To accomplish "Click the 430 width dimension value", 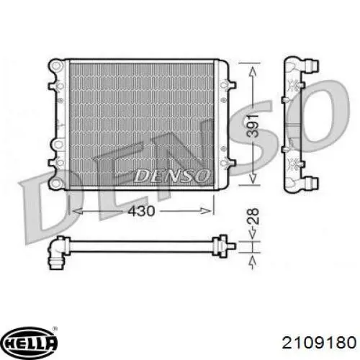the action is [x=141, y=211].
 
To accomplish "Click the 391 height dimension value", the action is [x=253, y=126].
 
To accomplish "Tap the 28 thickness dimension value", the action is [x=253, y=216].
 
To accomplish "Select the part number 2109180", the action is [x=319, y=342].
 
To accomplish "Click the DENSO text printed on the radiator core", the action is [x=172, y=176].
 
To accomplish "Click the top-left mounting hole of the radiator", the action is [x=56, y=66].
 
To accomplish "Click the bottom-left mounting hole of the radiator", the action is [x=56, y=183].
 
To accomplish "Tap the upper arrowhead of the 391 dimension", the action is [x=253, y=72].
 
